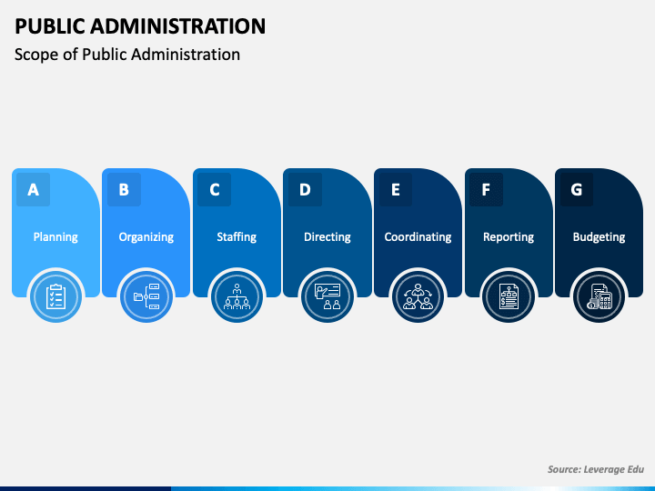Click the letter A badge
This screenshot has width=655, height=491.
coord(33,189)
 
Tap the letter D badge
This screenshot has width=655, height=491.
coord(305,189)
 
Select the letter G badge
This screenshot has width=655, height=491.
coord(577,189)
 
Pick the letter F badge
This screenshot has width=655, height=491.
coord(486,189)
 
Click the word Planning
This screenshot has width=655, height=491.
coord(55,237)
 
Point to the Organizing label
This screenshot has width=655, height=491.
coord(146,237)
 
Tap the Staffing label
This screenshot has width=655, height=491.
coord(237,237)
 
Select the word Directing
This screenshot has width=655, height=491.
coord(327,237)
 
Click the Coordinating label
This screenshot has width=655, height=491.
coord(418,237)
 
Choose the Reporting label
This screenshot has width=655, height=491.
coord(509,237)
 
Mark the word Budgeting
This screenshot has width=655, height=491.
coord(599,237)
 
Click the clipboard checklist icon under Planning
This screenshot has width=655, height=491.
coord(55,296)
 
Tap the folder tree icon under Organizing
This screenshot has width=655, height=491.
coord(146,296)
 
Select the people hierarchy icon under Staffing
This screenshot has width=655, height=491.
coord(237,296)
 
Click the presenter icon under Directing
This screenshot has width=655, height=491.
coord(327,296)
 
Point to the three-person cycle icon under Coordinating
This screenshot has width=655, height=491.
coord(418,296)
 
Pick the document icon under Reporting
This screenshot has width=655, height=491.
coord(509,296)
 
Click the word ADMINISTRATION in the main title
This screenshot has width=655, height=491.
coord(177,25)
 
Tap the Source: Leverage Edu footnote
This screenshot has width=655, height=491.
coord(596,469)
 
